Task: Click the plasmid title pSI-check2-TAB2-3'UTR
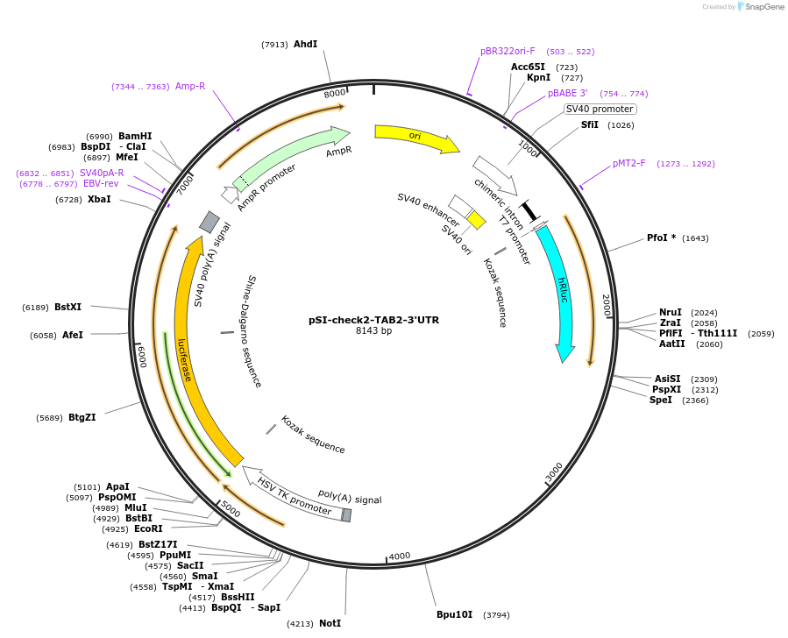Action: tap(373, 320)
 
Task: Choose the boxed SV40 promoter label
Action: tap(600, 109)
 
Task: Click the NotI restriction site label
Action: tap(330, 623)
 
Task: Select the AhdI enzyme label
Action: tap(305, 44)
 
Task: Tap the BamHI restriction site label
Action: tap(135, 136)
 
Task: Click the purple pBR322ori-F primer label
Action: tap(508, 51)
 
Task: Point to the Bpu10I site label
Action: tap(454, 614)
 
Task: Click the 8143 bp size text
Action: tap(373, 331)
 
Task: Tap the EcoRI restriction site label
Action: tap(148, 528)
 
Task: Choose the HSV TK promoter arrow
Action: tap(294, 495)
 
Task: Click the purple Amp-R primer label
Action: tap(189, 86)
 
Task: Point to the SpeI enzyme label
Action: tap(661, 400)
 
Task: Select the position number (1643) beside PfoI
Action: tap(695, 238)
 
